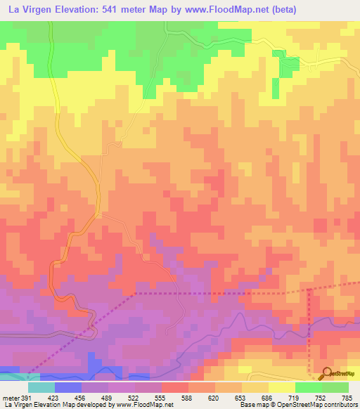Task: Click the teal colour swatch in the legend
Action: (x=41, y=387)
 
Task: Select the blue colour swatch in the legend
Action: (x=67, y=387)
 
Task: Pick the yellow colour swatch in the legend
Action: (x=281, y=387)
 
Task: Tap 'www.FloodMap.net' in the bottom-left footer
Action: (x=144, y=405)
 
